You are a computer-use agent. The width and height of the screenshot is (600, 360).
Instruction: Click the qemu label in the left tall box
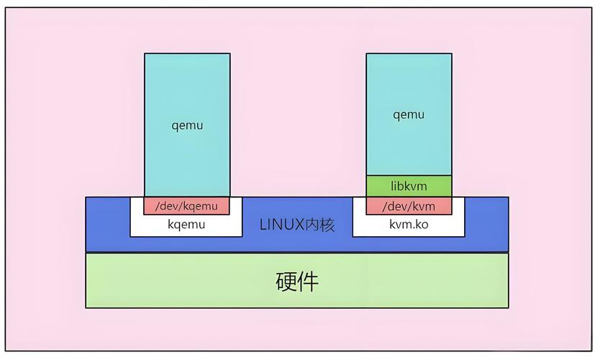pos(187,125)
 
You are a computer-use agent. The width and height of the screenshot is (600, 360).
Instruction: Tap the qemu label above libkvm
pos(409,114)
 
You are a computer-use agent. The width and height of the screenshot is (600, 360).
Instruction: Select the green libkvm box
pos(409,186)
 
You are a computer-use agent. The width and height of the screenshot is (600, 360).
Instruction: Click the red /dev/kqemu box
pos(186,206)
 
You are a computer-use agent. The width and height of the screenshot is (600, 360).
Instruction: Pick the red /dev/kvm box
pos(409,206)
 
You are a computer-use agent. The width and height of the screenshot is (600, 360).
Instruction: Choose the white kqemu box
pos(186,225)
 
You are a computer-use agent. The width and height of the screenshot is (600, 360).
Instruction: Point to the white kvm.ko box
pos(409,225)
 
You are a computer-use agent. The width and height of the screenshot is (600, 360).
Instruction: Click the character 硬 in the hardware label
pos(286,281)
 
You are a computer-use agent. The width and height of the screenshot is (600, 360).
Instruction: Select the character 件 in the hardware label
pos(308,281)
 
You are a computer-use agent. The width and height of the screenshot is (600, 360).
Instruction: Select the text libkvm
pos(409,186)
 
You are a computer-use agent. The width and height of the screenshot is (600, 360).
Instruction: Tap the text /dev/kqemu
pos(186,206)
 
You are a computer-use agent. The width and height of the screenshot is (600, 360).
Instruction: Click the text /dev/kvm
pos(409,206)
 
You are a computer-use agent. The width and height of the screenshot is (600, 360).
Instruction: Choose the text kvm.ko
pos(409,225)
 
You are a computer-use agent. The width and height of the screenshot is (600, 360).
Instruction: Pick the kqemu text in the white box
pos(186,225)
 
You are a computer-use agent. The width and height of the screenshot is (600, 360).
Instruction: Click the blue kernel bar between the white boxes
pos(297,241)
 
